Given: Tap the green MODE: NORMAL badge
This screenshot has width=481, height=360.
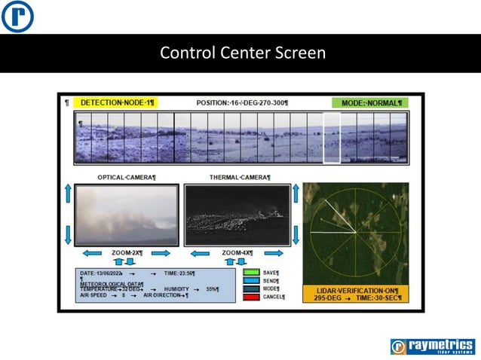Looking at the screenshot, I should tap(370, 102).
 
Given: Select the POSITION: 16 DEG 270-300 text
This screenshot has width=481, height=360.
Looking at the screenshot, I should tap(242, 102).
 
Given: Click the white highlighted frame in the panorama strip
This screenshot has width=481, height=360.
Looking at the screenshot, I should tap(332, 138).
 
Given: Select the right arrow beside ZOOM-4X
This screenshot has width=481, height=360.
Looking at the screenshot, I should tap(274, 253).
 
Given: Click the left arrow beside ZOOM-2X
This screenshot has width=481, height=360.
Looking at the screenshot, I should tap(93, 253).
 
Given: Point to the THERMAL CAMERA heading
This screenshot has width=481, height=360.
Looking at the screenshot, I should tap(239, 177).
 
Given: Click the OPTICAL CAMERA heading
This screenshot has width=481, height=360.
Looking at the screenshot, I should tap(127, 177).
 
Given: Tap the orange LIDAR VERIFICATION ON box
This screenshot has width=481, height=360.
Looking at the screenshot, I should tap(356, 294).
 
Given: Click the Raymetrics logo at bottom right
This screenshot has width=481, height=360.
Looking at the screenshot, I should tap(432, 346).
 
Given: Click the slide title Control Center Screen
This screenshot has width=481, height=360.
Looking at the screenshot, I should tap(243, 53).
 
